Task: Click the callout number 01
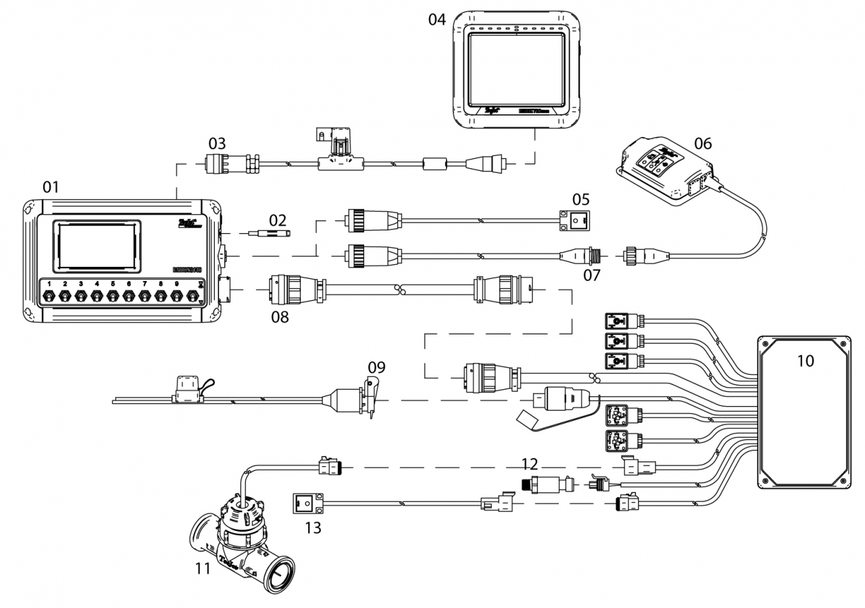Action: (x=51, y=186)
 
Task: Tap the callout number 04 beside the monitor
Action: (x=437, y=19)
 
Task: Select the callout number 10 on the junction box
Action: (x=805, y=361)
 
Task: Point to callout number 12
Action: (x=530, y=464)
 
